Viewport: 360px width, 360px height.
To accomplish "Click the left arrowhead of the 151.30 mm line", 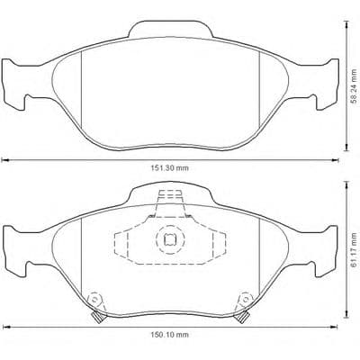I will (4, 161).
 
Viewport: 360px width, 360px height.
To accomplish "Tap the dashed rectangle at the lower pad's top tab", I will (166, 199).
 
